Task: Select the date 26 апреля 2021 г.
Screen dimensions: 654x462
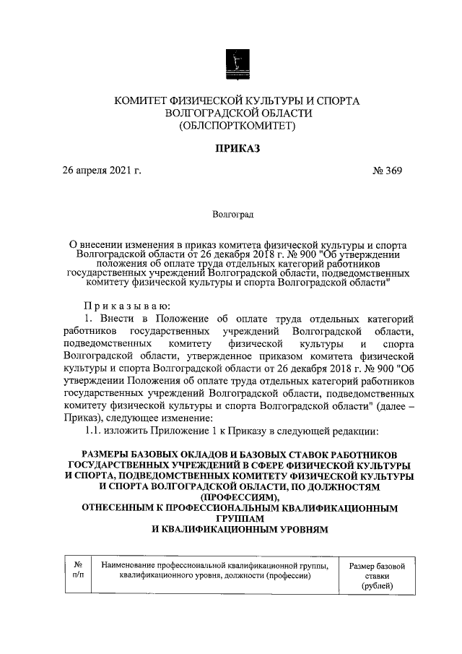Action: click(100, 171)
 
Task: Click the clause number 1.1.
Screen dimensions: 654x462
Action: click(96, 431)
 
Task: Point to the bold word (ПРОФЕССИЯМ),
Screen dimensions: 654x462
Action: click(237, 498)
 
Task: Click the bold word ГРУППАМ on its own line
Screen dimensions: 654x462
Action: click(237, 519)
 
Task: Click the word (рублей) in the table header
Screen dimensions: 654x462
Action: click(378, 587)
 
